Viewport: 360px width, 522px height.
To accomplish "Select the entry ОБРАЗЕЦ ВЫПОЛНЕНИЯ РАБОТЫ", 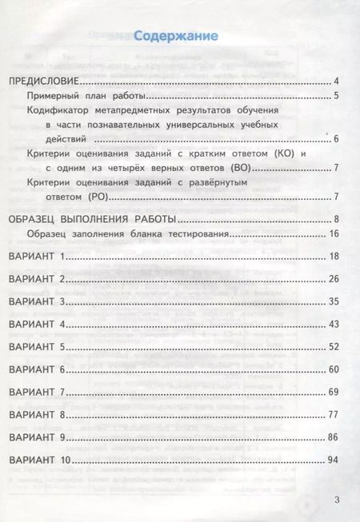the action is tap(91, 219).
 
